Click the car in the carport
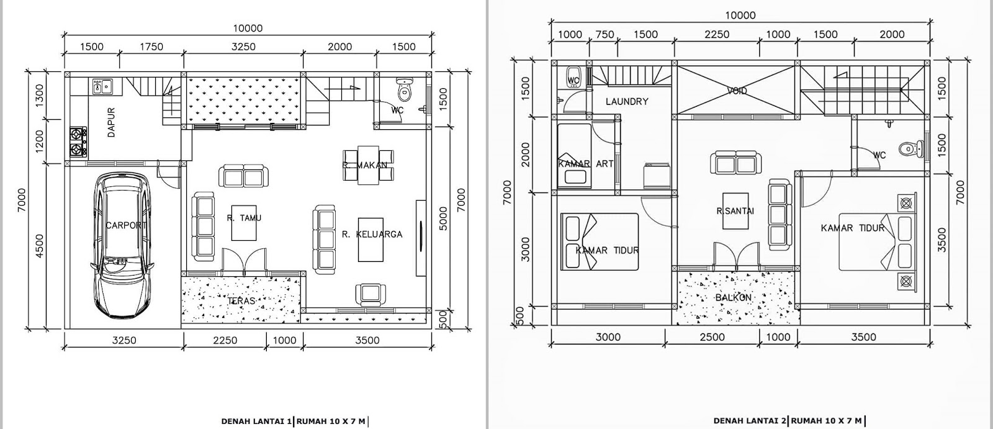point(122,245)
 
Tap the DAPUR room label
point(111,122)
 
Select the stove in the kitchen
point(78,142)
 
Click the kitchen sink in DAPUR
point(102,86)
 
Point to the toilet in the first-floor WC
point(404,90)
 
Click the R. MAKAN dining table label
point(365,165)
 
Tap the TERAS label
point(241,300)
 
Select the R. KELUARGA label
point(372,234)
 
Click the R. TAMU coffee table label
point(244,218)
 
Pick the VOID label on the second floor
point(737,91)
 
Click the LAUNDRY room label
point(627,102)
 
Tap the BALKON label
point(734,297)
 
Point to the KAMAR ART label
point(586,164)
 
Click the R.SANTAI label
point(735,210)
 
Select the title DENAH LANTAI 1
point(257,421)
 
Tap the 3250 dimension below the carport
point(124,340)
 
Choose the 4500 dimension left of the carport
point(39,246)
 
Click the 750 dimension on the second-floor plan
point(604,35)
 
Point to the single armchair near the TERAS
point(371,293)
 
